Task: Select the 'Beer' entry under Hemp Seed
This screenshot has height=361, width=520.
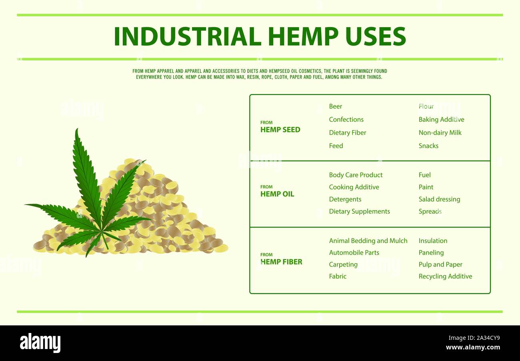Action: point(335,106)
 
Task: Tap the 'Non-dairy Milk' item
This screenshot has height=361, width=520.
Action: point(440,133)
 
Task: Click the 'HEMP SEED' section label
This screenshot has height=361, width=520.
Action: point(280,130)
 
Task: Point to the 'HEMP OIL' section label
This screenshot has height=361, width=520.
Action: point(277,194)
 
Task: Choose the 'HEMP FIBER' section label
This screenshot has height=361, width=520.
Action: point(281,262)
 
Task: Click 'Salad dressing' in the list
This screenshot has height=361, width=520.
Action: point(439,199)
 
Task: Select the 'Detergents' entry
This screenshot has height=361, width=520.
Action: point(345,199)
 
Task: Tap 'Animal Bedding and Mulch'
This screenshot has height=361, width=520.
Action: point(368,241)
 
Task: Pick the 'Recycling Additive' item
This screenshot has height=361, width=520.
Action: point(445,277)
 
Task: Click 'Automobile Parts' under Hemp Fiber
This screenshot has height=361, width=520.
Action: point(354,253)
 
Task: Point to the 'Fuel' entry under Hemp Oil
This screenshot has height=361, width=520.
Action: point(424,175)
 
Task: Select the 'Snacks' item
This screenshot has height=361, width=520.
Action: point(428,146)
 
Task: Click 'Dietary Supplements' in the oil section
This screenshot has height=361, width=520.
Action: point(359,212)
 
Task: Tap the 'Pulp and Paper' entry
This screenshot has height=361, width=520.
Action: point(440,265)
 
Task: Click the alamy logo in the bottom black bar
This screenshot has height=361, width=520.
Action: point(40,343)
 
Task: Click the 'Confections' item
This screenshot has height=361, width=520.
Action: point(346,120)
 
